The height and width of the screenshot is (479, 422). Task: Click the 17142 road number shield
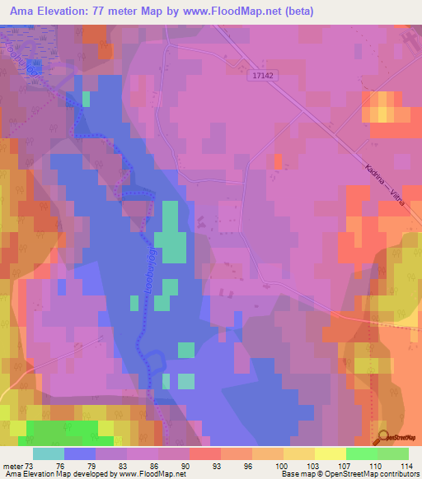tap(261, 74)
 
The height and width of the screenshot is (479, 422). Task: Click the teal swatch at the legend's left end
tap(49, 453)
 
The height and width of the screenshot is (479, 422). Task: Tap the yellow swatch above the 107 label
tap(331, 453)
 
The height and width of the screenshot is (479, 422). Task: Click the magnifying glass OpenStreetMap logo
tap(382, 437)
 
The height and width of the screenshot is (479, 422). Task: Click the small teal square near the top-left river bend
tap(86, 99)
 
